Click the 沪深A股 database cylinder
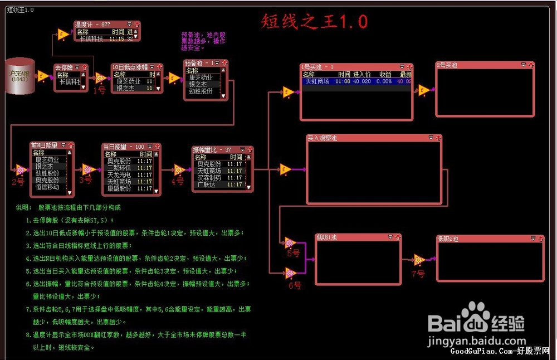21,75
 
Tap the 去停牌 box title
63,67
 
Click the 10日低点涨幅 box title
130,66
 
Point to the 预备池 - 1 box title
197,63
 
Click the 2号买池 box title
447,65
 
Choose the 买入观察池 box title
323,138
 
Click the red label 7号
418,274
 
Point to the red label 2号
18,181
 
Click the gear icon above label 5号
290,242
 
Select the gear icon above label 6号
290,273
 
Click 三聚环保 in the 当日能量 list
119,168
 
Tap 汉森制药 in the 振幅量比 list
209,178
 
